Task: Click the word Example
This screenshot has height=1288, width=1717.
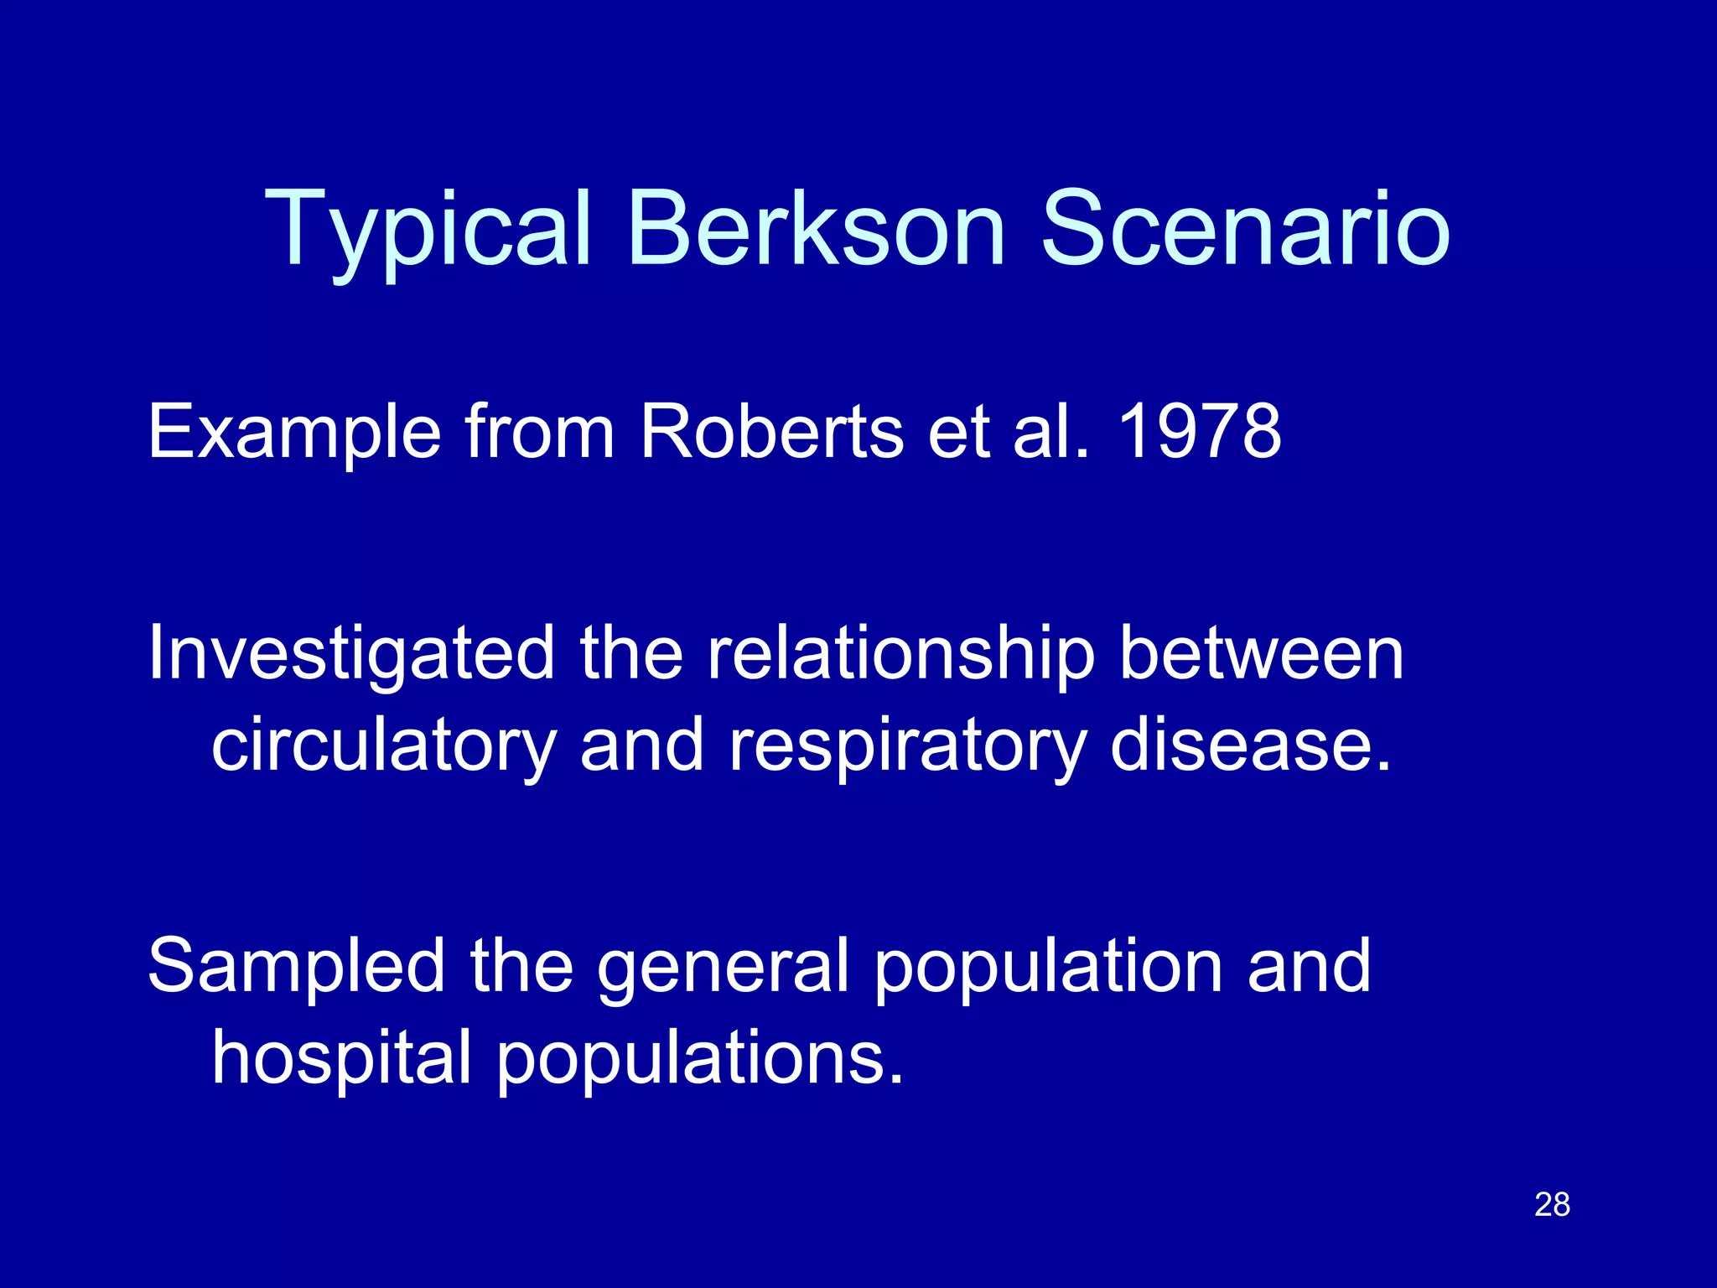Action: [294, 433]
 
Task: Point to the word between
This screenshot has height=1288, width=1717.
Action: [1261, 653]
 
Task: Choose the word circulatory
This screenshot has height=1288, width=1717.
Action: [384, 746]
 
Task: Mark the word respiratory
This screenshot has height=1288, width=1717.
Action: [907, 746]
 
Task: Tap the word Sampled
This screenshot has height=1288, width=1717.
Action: [296, 968]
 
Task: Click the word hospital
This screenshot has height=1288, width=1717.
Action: [341, 1059]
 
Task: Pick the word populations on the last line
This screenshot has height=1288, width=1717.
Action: [700, 1059]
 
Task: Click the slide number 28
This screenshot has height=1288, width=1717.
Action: [1552, 1205]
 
